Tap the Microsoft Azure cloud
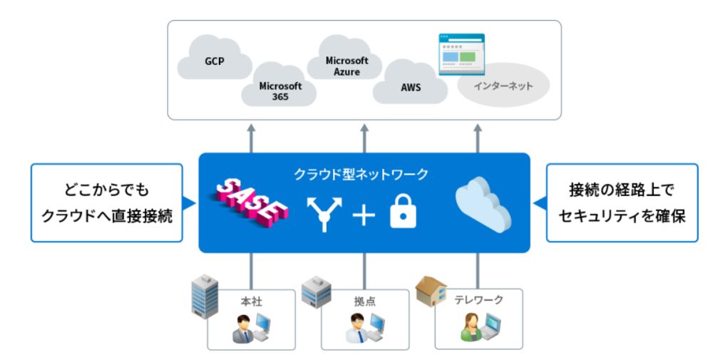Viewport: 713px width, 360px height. coord(347,66)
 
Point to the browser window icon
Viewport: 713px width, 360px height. coord(459,51)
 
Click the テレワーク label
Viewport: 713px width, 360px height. coord(478,300)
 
